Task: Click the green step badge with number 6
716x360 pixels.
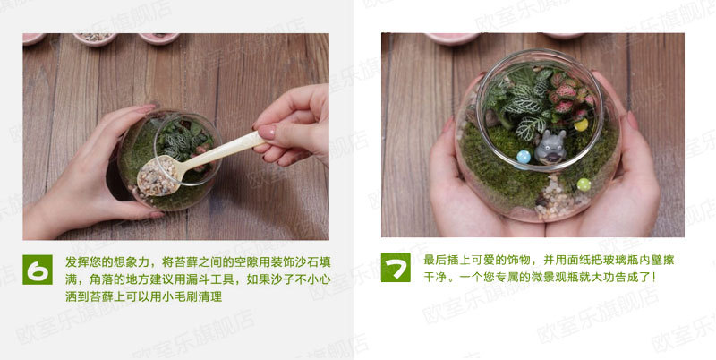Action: tap(38, 270)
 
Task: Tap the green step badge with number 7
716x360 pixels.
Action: tap(396, 267)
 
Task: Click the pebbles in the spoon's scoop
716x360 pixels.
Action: tap(158, 176)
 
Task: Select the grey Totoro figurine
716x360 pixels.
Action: tap(550, 147)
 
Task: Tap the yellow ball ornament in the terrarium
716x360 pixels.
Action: tap(581, 124)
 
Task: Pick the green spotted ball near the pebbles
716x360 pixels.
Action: tap(584, 184)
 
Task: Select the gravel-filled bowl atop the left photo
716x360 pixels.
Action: tap(95, 39)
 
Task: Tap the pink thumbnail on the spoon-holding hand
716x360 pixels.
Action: tap(267, 132)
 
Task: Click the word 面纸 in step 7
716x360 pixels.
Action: tap(567, 260)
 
